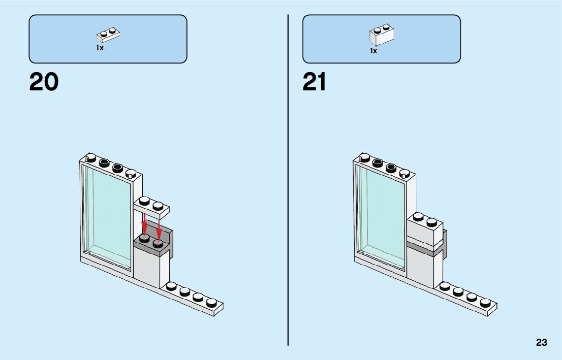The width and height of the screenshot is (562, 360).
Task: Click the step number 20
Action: (x=44, y=82)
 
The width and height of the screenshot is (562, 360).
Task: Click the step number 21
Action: (x=315, y=82)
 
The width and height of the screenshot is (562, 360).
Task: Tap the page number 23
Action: (x=541, y=342)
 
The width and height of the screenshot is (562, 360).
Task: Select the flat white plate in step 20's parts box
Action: (x=108, y=35)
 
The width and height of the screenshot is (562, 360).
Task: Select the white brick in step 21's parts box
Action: (x=382, y=35)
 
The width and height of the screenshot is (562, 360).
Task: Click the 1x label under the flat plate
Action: (x=100, y=48)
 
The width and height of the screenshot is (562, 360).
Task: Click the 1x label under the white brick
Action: (x=373, y=51)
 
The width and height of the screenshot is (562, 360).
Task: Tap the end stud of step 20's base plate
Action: (x=211, y=303)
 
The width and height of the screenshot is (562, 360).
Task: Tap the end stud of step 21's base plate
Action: (x=485, y=303)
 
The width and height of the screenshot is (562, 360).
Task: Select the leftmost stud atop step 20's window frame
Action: (x=91, y=157)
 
